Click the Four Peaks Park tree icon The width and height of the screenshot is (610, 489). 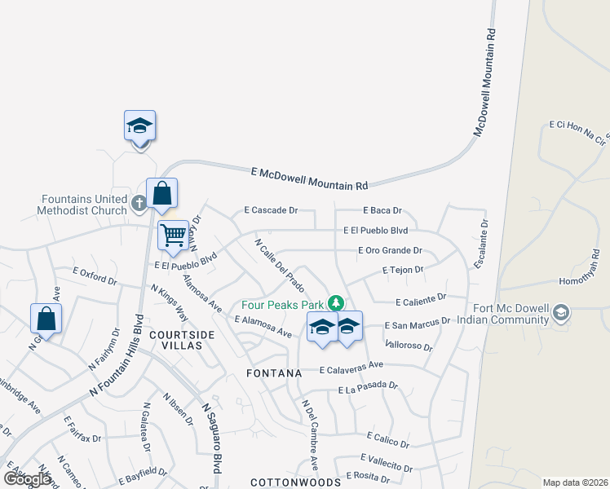pyautogui.click(x=334, y=302)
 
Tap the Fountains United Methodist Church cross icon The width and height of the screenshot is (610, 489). pyautogui.click(x=139, y=202)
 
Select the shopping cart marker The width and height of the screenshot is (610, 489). pyautogui.click(x=173, y=236)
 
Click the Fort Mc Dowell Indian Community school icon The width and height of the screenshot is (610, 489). pyautogui.click(x=560, y=312)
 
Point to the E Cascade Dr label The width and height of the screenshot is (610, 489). pyautogui.click(x=271, y=210)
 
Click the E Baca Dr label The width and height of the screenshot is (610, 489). pyautogui.click(x=383, y=210)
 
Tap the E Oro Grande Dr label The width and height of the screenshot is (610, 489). pyautogui.click(x=390, y=251)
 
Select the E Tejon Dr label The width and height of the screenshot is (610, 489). pyautogui.click(x=403, y=270)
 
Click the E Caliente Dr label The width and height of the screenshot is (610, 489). pyautogui.click(x=421, y=299)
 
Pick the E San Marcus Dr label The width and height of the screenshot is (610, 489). pyautogui.click(x=418, y=323)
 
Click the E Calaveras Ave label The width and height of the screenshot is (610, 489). pyautogui.click(x=351, y=367)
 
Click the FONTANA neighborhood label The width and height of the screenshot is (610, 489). pyautogui.click(x=274, y=372)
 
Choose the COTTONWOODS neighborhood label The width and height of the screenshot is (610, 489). pyautogui.click(x=284, y=482)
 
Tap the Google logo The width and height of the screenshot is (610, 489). pyautogui.click(x=27, y=479)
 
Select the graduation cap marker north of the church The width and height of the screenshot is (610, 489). pyautogui.click(x=139, y=126)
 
